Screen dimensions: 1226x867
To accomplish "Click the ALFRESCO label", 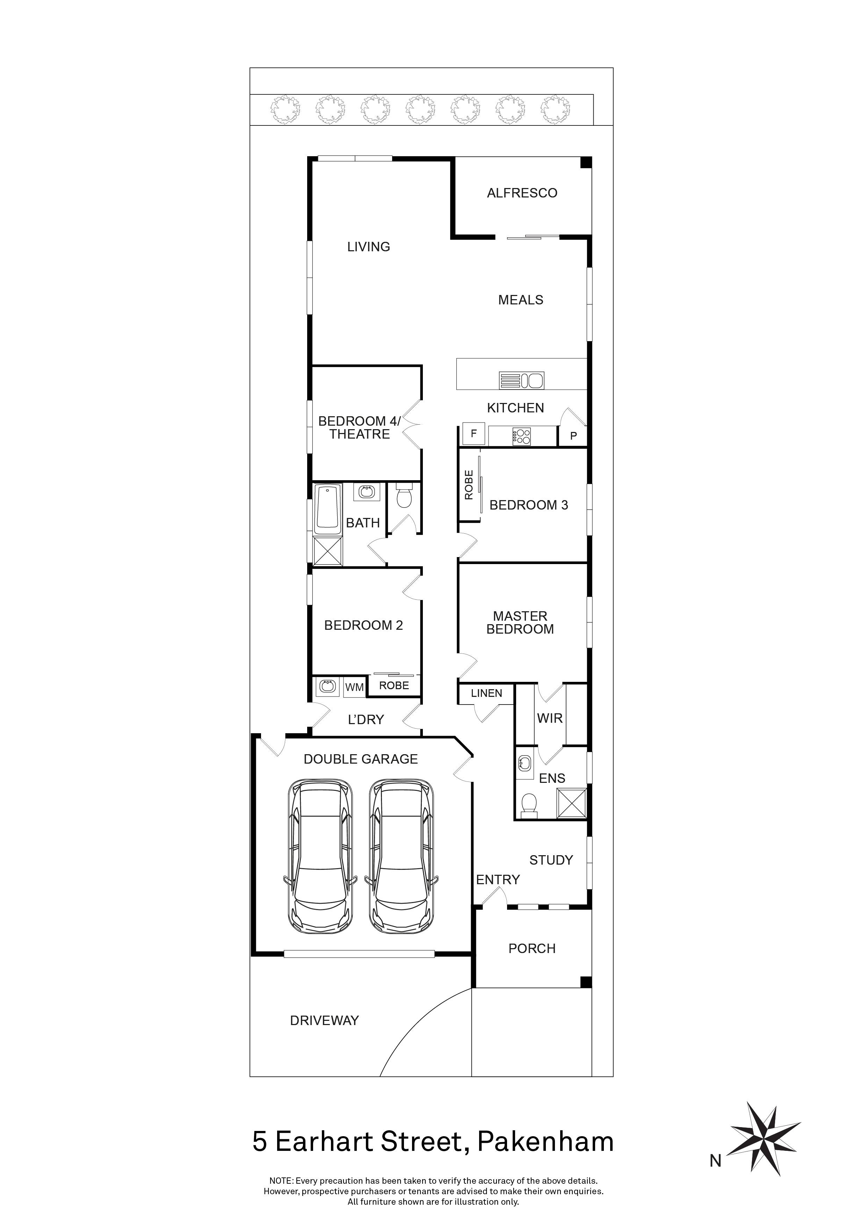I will (522, 193).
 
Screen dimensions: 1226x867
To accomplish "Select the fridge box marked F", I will (473, 434).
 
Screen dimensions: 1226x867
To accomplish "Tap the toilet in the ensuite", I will (528, 805).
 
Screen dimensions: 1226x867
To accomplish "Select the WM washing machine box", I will (354, 687).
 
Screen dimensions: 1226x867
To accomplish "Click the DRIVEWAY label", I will (324, 1021).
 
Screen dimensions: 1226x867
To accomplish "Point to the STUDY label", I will (551, 860).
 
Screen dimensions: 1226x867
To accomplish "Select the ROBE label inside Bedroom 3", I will (469, 485).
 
